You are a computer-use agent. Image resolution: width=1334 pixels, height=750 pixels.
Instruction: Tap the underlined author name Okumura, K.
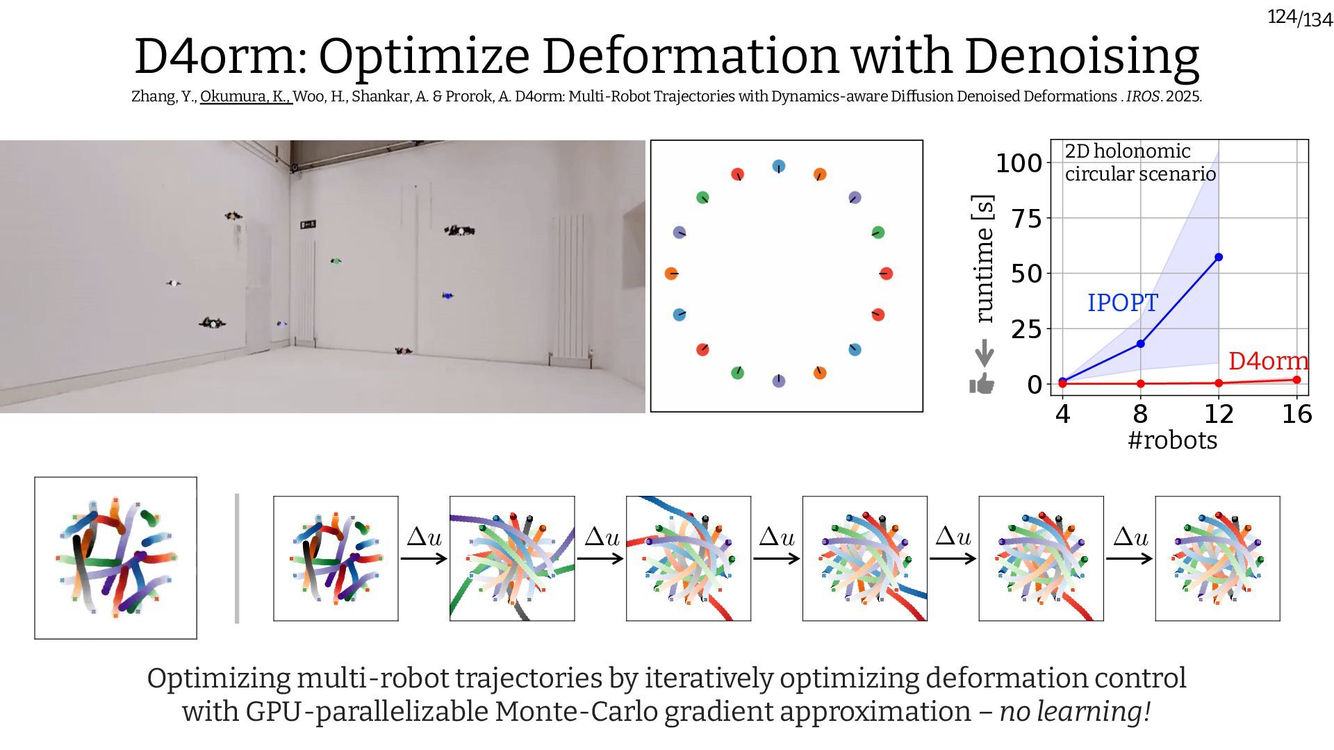coord(245,97)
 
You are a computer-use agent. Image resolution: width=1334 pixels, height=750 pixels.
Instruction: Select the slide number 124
coord(1282,16)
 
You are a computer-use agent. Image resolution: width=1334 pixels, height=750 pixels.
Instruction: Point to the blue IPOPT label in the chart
coord(1122,303)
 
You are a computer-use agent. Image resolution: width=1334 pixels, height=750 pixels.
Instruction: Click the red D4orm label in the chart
coord(1268,361)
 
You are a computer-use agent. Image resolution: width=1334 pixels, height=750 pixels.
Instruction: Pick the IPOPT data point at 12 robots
coord(1219,258)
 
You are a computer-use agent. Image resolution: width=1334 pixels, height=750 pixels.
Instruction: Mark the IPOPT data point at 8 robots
coord(1140,344)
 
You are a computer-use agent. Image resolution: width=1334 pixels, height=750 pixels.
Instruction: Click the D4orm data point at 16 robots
coord(1296,380)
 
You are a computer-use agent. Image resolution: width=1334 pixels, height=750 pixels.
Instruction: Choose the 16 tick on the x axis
coord(1296,414)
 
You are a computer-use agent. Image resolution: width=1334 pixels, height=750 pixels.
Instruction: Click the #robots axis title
coord(1172,440)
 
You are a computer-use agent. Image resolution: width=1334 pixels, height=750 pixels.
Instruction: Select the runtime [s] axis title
coord(983,258)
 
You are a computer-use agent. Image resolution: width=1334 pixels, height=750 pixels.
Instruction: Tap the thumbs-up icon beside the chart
coord(982,383)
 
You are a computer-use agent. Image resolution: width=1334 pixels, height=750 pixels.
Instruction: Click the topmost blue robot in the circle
coord(779,167)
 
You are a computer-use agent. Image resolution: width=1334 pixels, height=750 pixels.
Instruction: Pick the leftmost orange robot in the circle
coord(671,274)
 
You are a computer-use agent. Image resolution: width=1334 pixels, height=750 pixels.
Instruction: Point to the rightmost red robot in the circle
coord(886,274)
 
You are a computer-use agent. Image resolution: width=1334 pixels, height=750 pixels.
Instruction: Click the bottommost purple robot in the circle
coord(779,381)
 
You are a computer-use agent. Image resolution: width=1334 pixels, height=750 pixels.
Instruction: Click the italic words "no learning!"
coord(1075,711)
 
